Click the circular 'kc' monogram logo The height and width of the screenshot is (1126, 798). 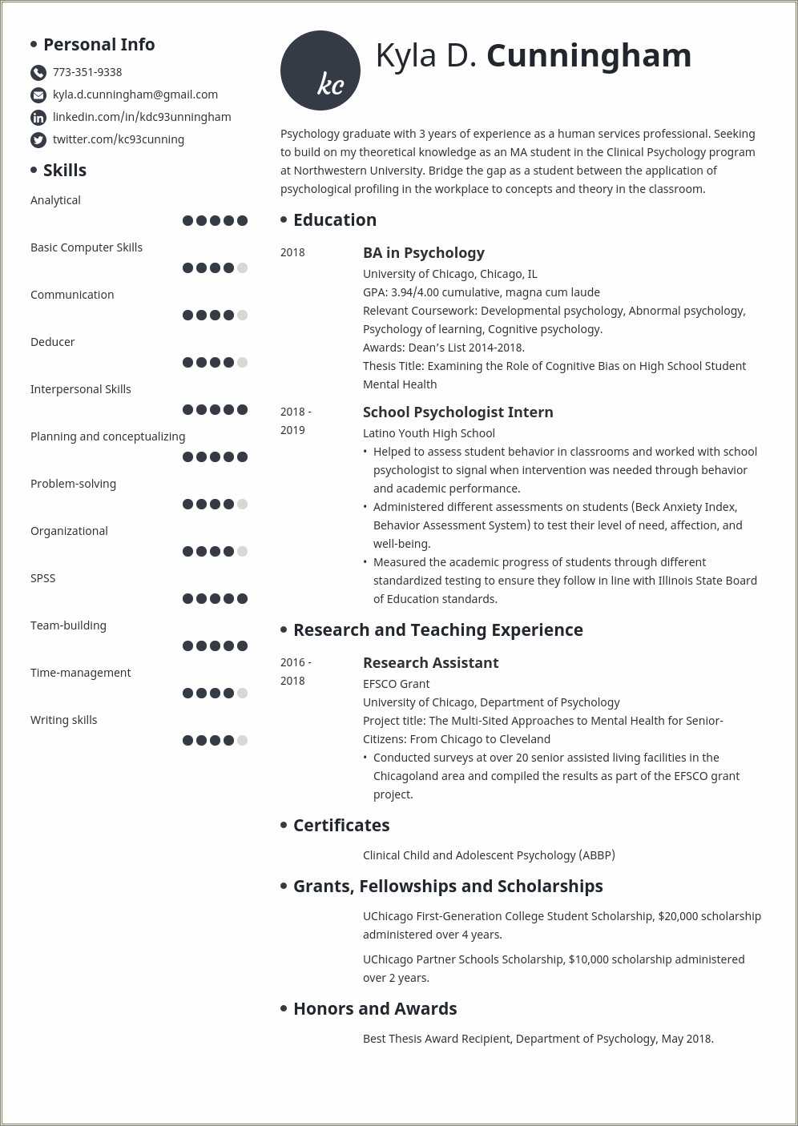click(320, 70)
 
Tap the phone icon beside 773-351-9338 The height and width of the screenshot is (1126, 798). click(38, 73)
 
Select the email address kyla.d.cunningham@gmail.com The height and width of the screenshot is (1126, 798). click(135, 95)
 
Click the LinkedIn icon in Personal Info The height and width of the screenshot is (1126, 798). click(38, 118)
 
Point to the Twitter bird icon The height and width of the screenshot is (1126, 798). click(38, 140)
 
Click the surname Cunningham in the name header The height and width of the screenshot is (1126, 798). click(589, 55)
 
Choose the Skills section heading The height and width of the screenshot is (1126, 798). click(65, 170)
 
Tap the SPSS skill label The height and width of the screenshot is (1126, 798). click(43, 578)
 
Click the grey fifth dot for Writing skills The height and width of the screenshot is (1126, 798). click(243, 741)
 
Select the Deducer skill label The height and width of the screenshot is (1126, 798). click(53, 342)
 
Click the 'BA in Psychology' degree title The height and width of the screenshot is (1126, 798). click(424, 253)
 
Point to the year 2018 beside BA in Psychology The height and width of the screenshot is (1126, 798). click(292, 252)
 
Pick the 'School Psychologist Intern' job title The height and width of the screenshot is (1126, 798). click(458, 412)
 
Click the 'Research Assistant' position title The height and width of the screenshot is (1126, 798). click(431, 663)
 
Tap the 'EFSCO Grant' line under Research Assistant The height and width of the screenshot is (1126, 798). click(397, 684)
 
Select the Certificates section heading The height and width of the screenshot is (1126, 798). click(341, 826)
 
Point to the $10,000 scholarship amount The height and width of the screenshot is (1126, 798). click(589, 959)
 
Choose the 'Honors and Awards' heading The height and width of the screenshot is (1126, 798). click(375, 1009)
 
